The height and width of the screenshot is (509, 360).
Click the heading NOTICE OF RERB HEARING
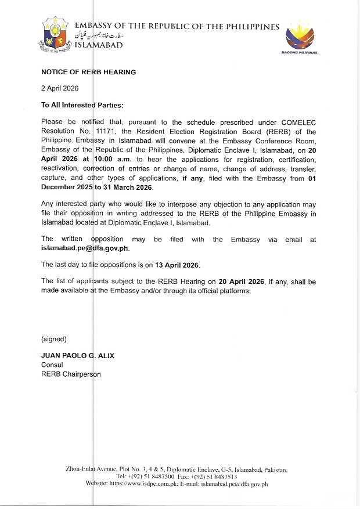[x=88, y=73]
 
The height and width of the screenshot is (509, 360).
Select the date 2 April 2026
[x=59, y=88]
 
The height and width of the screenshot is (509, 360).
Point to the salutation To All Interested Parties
[x=82, y=106]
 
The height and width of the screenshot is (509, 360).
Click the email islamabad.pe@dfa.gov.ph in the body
[x=85, y=248]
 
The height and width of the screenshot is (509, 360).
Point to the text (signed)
[x=53, y=339]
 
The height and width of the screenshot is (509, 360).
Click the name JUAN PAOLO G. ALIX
[x=77, y=356]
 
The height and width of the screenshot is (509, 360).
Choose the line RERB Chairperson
[x=70, y=374]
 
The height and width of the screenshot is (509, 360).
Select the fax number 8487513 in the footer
[x=223, y=476]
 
